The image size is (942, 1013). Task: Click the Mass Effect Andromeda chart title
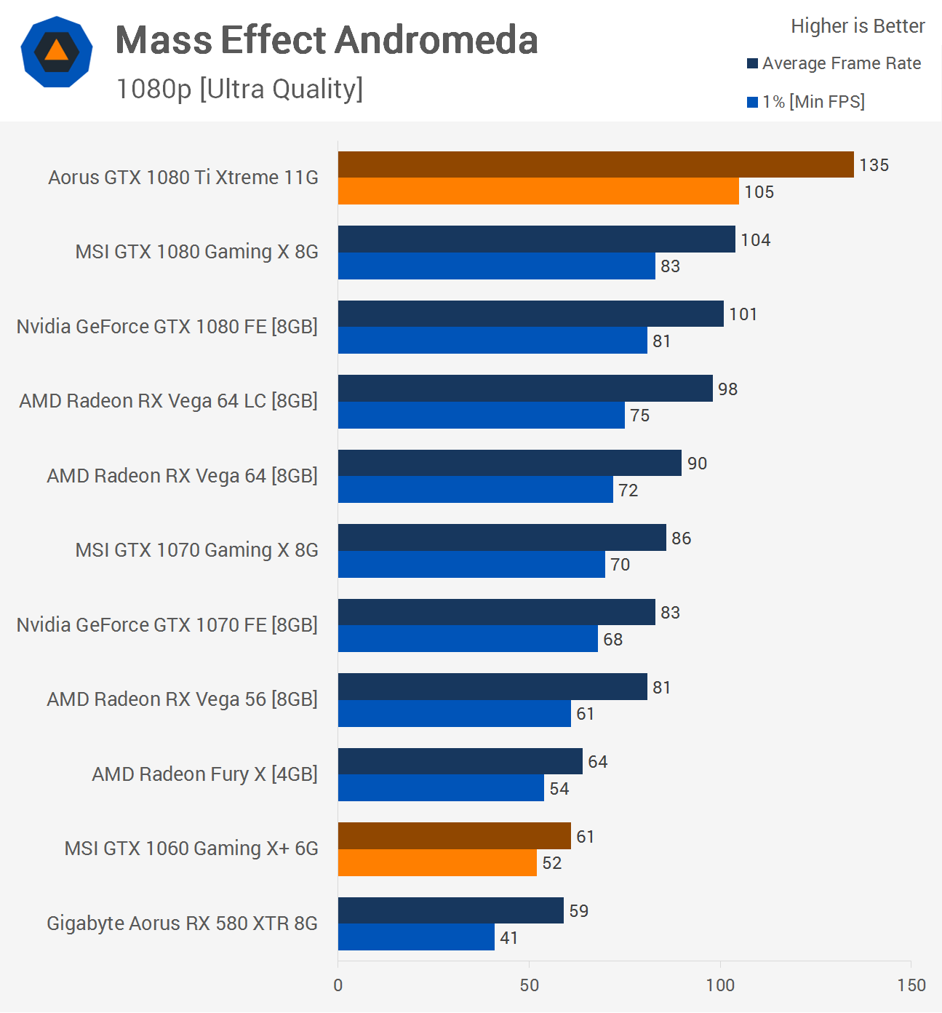coord(327,40)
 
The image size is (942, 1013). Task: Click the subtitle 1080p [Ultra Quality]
coord(239,89)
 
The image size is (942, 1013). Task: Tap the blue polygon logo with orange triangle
coord(57,52)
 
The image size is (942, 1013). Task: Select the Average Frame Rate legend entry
coord(834,63)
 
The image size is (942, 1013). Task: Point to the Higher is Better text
coord(858,26)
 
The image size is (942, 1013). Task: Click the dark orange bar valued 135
coord(595,164)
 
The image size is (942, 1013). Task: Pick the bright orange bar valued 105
coord(538,191)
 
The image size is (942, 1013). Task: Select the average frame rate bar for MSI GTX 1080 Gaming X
coord(536,239)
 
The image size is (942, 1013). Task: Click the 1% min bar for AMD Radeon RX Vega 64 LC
coord(481,416)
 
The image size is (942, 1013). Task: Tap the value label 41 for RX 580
coord(509,938)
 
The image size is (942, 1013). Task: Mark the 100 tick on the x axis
coord(720,985)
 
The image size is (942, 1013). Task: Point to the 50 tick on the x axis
coord(530,985)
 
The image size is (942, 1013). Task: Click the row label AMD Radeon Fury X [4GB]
coord(204,774)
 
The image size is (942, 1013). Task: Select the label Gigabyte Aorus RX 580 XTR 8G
coord(182,923)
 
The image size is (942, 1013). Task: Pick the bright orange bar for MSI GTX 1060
coord(437,863)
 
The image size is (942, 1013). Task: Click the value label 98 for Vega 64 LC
coord(727,389)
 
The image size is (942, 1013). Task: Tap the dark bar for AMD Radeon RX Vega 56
coord(492,687)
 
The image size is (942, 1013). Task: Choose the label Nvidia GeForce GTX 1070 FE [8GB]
coord(167,625)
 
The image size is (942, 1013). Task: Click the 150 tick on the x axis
coord(911,985)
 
